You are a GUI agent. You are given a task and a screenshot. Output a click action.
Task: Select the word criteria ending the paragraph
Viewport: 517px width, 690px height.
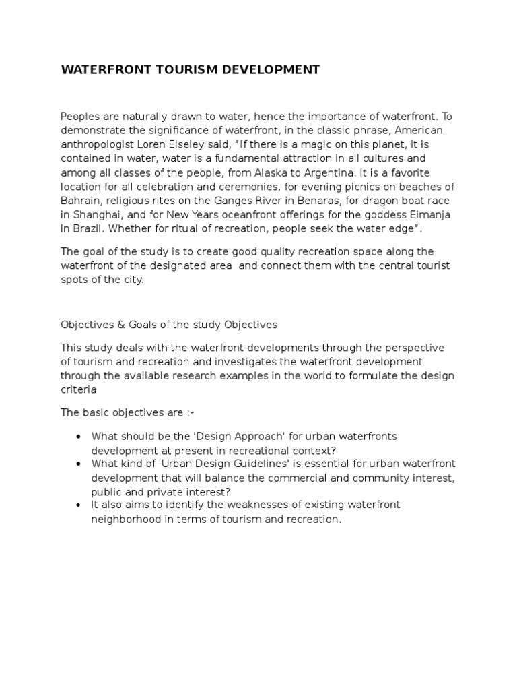pos(79,389)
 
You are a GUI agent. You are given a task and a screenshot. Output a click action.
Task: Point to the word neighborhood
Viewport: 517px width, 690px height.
pos(124,520)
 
